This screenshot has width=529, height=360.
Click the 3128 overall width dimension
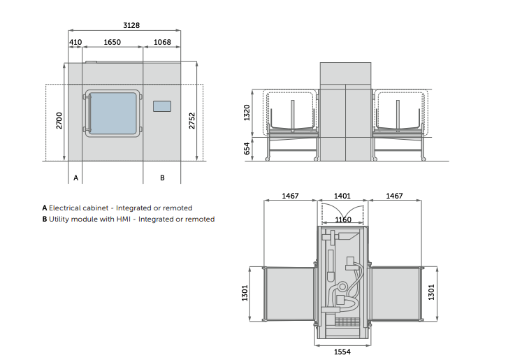coord(131,25)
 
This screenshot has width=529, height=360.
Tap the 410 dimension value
coord(75,42)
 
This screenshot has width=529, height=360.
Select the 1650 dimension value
coord(112,42)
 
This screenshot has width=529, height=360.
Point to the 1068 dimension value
coord(162,42)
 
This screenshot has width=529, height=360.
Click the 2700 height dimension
coord(59,120)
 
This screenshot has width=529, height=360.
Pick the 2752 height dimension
coord(191,120)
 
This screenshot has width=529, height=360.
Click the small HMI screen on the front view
coord(162,106)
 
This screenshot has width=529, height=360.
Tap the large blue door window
coord(113,113)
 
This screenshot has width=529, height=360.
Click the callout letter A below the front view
coord(76,178)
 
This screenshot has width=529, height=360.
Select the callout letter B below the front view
coord(162,178)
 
